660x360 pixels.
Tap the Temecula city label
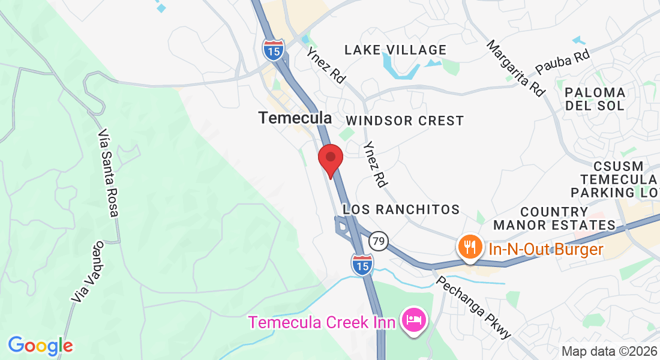click(295, 118)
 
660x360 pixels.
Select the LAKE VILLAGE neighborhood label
click(395, 50)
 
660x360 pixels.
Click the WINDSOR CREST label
click(404, 121)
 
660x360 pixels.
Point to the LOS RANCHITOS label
click(401, 209)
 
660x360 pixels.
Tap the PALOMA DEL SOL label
click(595, 99)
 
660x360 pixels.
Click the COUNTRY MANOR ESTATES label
click(554, 218)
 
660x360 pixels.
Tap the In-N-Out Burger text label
click(545, 249)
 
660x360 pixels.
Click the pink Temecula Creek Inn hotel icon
click(414, 319)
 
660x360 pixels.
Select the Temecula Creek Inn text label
click(322, 322)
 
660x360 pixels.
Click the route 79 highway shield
click(379, 240)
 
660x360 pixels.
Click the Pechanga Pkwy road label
click(473, 307)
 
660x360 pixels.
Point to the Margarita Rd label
click(516, 68)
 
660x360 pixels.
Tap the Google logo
click(41, 346)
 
